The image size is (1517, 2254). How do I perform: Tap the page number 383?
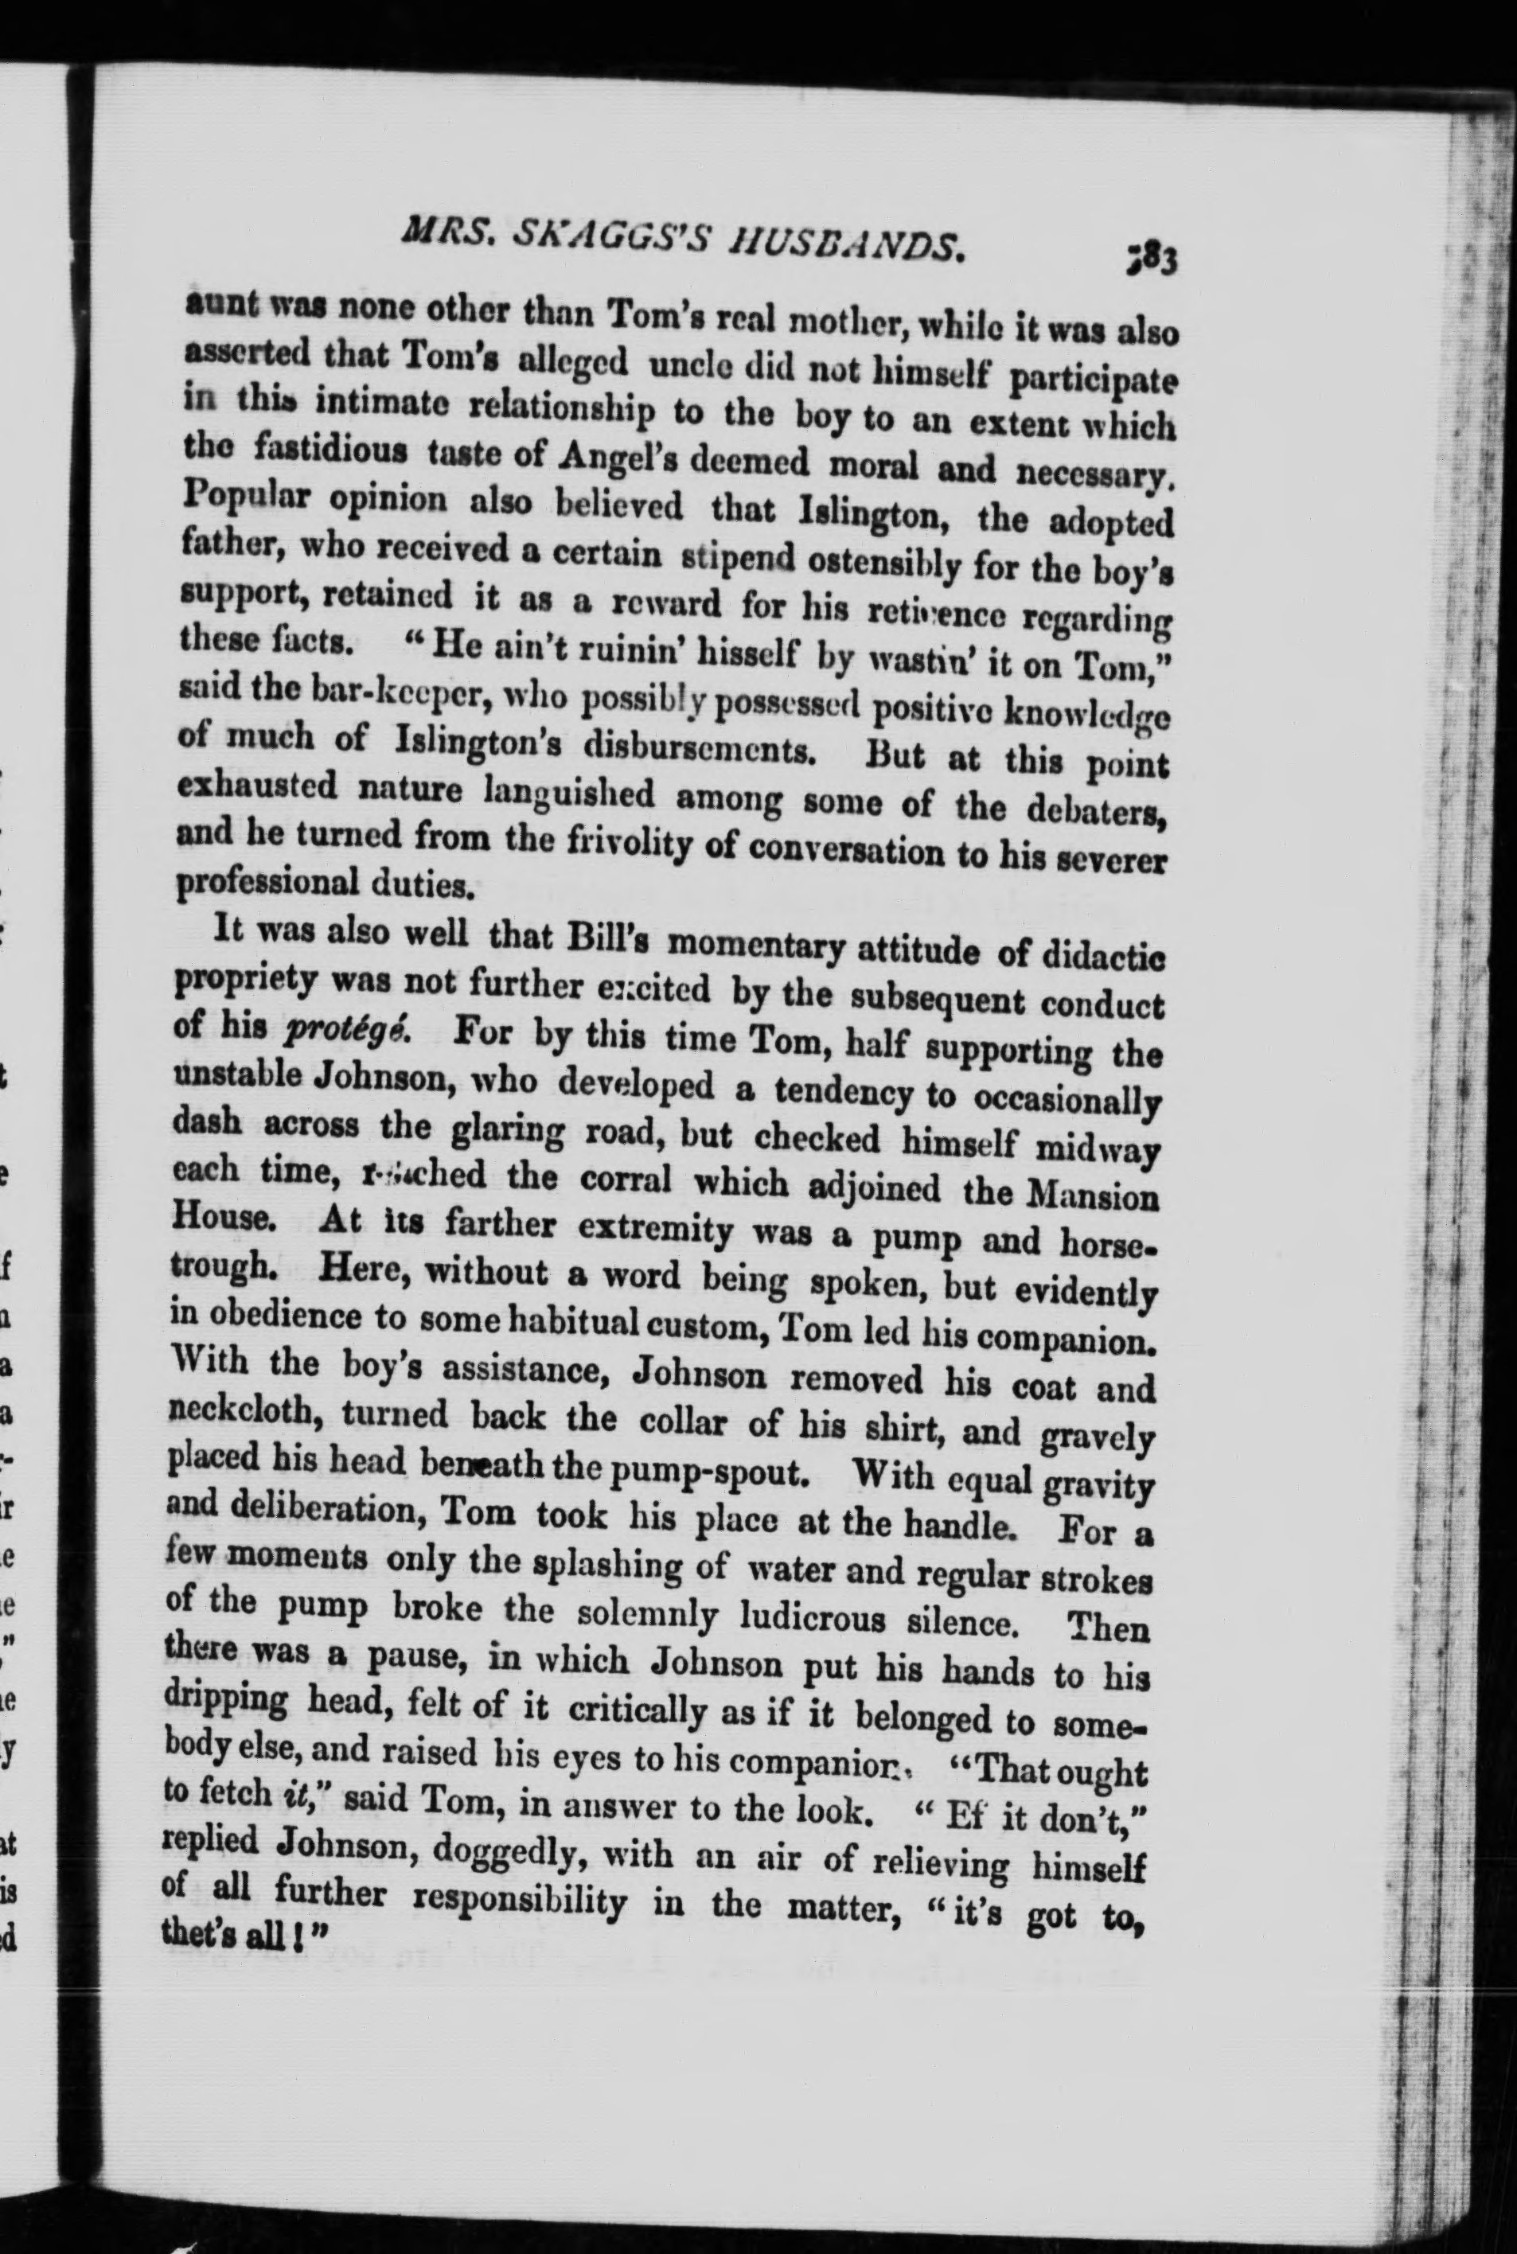1150,260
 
